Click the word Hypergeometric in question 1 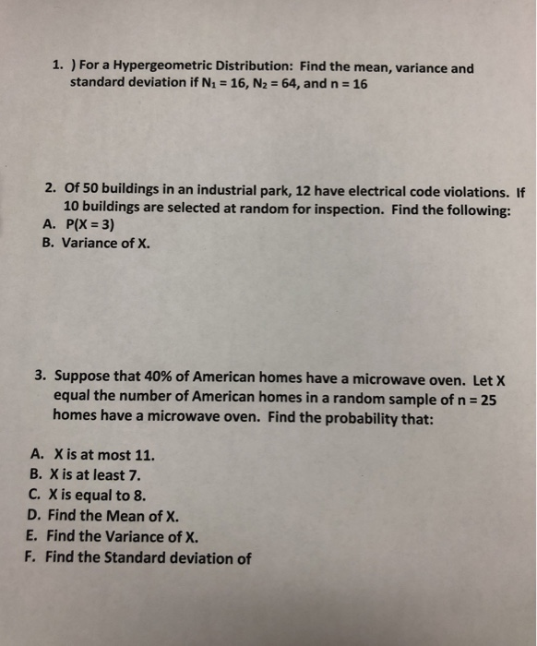coord(161,67)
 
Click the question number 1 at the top coord(56,67)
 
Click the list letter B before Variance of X coord(47,245)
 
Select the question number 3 coord(40,378)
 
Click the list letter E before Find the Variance coord(34,536)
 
